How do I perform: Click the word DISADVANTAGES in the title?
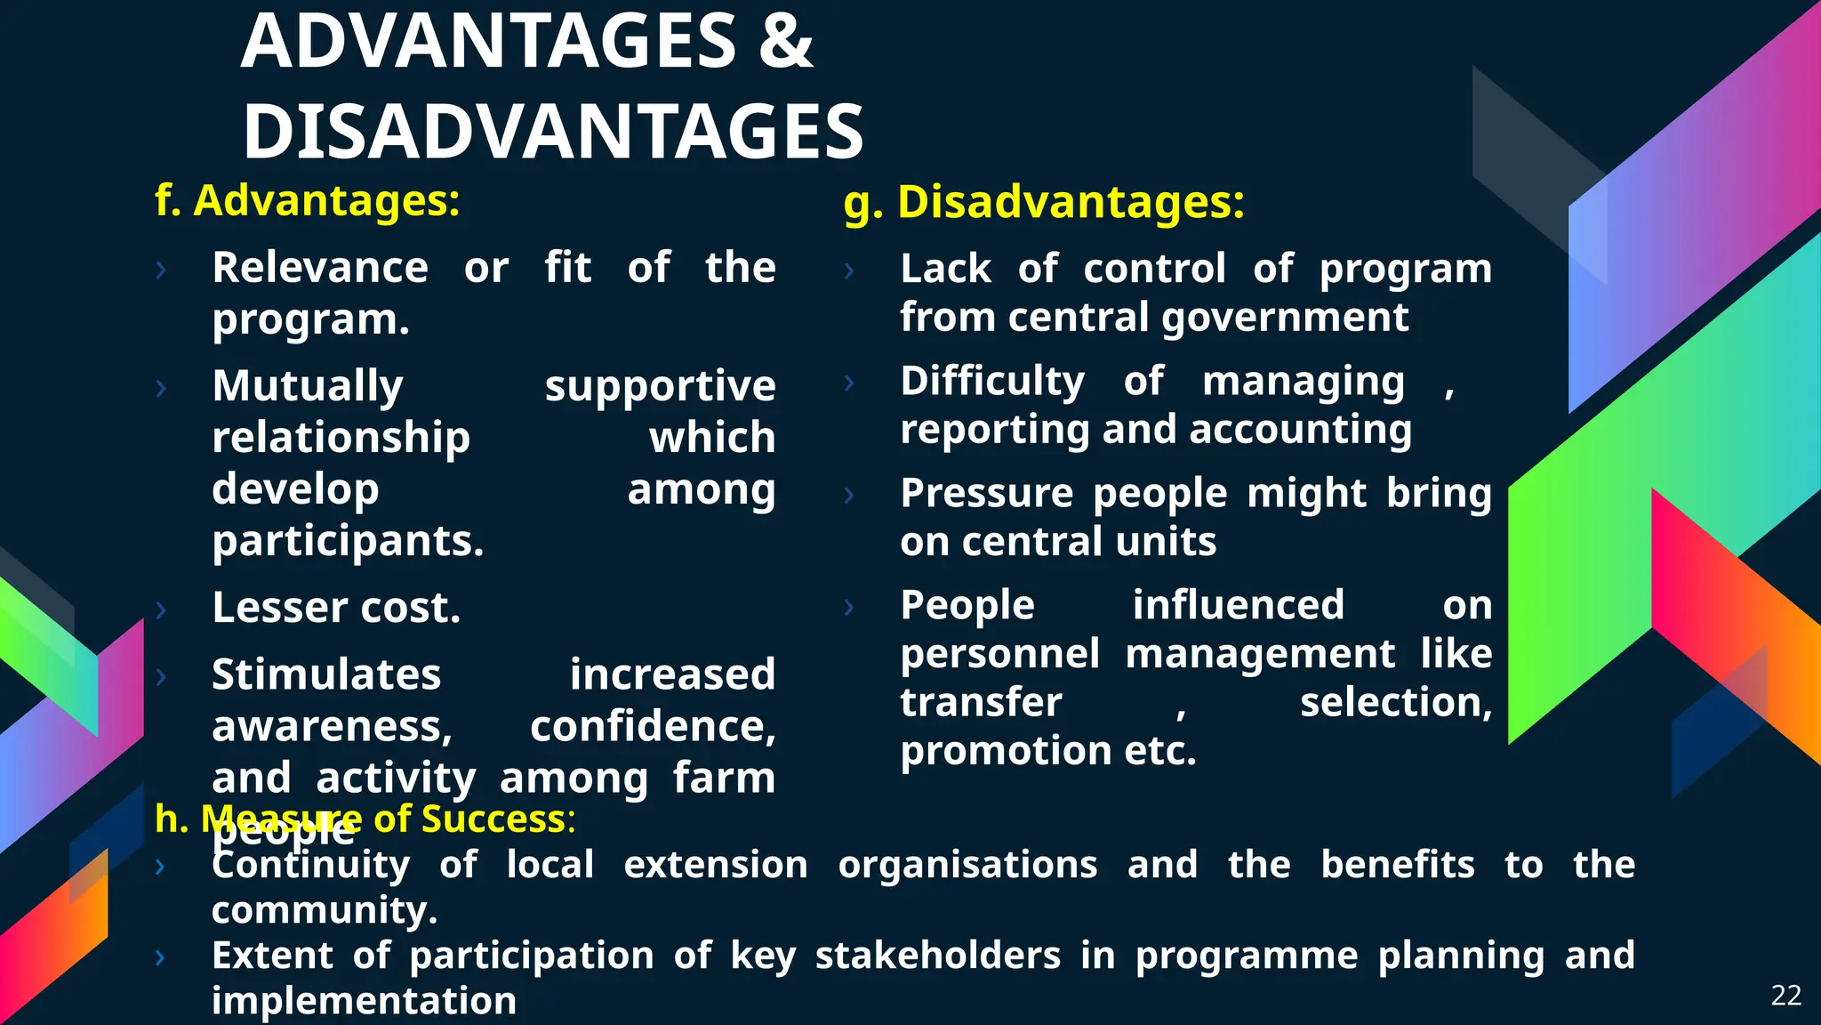coord(553,133)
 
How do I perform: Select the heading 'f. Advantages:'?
coord(308,200)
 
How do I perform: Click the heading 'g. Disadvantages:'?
coord(1044,202)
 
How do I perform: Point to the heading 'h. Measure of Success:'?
coord(365,819)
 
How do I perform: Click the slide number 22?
coord(1785,995)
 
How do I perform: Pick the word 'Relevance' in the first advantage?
coord(320,268)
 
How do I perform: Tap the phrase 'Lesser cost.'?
coord(336,609)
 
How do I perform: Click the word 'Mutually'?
coord(308,386)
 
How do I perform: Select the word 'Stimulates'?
coord(326,674)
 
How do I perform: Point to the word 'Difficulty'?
coord(992,382)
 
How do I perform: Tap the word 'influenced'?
coord(1238,606)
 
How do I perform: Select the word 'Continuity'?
coord(311,865)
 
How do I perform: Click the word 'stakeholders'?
coord(937,956)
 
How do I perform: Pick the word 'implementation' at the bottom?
coord(364,1001)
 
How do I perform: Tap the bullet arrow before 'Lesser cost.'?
coord(161,609)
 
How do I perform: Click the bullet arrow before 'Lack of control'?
coord(849,270)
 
